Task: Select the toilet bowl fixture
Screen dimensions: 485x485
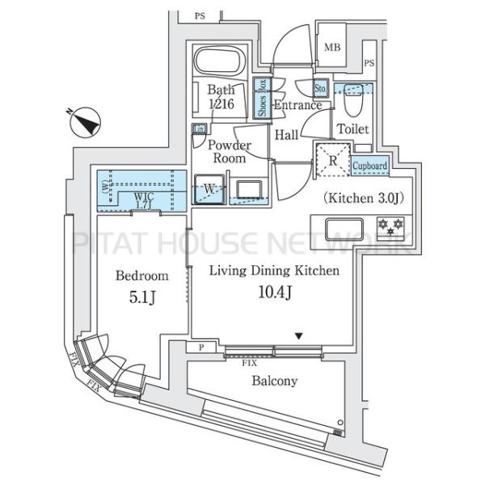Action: coord(352,103)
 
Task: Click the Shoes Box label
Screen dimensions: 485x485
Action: coord(262,97)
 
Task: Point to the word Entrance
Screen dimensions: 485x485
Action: coord(297,105)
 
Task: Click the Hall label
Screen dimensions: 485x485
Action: coord(285,136)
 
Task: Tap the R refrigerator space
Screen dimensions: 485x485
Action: coord(331,159)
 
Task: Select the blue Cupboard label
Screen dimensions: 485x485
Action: coord(370,166)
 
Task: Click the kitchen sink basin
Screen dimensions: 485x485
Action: coord(348,230)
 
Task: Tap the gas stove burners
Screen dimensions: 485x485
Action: coord(391,228)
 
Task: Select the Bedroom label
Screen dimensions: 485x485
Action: coord(141,275)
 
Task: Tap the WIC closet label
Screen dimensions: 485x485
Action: coord(142,196)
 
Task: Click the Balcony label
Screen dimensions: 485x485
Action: coord(274,381)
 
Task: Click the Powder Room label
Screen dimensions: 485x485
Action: coord(229,152)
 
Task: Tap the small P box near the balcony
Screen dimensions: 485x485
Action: coord(200,347)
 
